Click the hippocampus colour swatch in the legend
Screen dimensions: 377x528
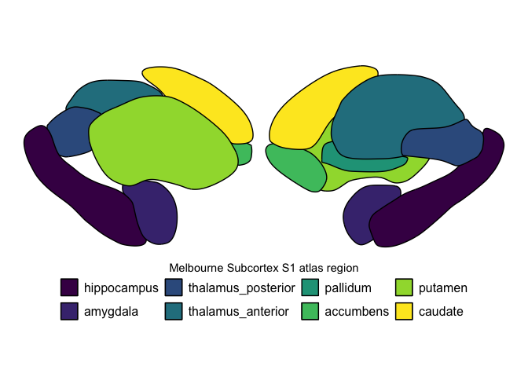coord(70,287)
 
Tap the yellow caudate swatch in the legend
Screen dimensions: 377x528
coord(405,311)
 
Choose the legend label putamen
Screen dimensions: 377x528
coord(444,287)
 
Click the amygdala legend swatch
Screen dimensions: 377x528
coord(70,311)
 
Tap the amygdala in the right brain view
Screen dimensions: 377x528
coord(361,212)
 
